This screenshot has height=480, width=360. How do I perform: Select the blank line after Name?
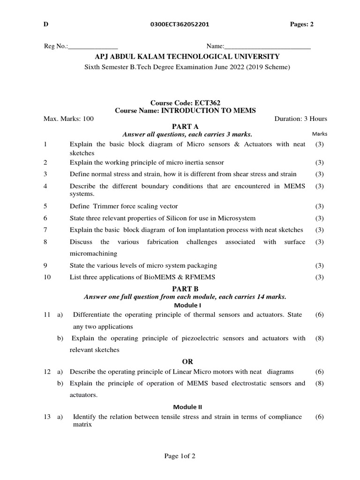267,47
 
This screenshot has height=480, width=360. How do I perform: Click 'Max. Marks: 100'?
68,119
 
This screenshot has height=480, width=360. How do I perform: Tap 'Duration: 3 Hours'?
300,119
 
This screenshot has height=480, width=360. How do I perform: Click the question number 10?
47,277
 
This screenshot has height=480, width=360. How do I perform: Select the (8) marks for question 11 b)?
319,338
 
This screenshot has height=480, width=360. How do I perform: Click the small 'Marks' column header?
319,135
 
